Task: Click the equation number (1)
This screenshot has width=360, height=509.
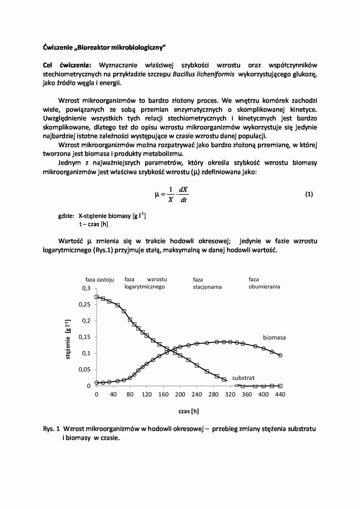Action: coord(309,194)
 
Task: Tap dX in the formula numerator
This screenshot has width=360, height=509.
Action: coord(183,190)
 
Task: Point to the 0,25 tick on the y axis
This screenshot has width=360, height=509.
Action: coord(84,304)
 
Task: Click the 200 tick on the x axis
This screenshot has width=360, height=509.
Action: coord(180,394)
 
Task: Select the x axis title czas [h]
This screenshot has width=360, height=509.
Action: coord(189,411)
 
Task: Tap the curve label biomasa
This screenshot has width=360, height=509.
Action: coord(274,337)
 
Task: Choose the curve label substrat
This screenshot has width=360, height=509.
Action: coord(243,378)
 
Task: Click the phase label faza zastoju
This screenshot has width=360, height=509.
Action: coord(100,280)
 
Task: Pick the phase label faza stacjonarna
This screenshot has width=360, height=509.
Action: coord(207,283)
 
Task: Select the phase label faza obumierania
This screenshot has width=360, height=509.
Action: coord(264,283)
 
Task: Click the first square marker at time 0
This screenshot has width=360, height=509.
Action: coord(97,297)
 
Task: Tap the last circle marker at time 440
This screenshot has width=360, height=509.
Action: coord(280,355)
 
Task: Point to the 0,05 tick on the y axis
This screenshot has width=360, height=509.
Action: coord(84,370)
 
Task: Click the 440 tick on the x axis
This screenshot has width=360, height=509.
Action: coord(280,394)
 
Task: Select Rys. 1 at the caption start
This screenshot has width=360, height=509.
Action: coord(51,429)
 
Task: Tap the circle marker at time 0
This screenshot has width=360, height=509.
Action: coord(97,383)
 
